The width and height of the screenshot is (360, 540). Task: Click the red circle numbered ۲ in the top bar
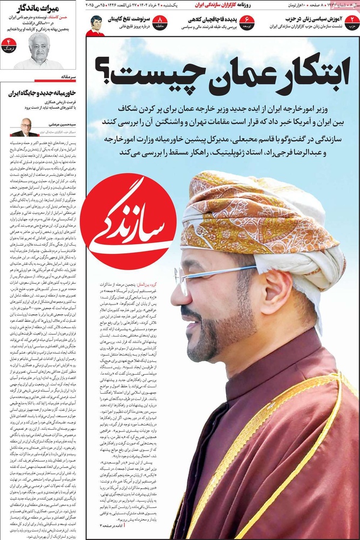(352, 23)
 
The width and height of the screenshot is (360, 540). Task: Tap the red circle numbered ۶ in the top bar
(247, 23)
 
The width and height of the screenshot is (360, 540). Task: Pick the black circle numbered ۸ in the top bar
(160, 23)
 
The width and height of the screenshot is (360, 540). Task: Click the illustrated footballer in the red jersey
(95, 25)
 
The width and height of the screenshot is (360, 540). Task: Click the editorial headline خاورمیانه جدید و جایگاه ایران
(42, 93)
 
